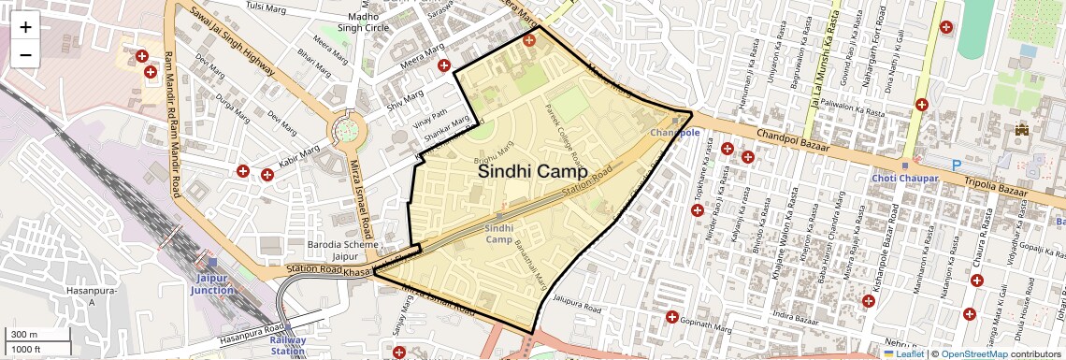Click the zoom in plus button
pos(25,26)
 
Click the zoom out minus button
pos(25,54)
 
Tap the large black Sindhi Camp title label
pos(532,172)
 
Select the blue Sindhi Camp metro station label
pos(499,233)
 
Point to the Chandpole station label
pos(674,133)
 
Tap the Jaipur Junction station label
pos(218,283)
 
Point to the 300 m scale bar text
pos(25,334)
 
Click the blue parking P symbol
pos(957,165)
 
